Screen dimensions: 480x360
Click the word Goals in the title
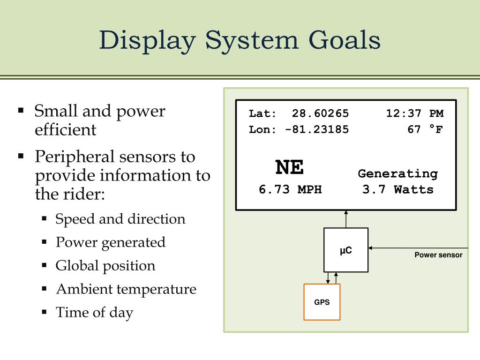click(344, 40)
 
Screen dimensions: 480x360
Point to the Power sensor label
click(438, 255)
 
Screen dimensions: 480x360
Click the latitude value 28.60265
click(320, 113)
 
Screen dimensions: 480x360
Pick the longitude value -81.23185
click(317, 129)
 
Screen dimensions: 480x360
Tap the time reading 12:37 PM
click(414, 113)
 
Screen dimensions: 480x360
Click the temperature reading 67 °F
click(425, 129)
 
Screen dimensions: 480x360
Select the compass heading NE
click(289, 167)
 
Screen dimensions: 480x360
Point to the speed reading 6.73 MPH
click(290, 189)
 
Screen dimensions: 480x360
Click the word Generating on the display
click(398, 174)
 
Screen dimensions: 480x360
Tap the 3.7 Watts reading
click(398, 189)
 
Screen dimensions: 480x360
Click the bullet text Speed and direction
click(120, 219)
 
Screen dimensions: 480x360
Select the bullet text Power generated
click(111, 243)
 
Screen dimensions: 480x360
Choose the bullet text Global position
click(105, 266)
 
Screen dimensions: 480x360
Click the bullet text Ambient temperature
click(126, 289)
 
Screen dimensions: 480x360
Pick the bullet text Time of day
click(94, 313)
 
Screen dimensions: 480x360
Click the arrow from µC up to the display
click(346, 219)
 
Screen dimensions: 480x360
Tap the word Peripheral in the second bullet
click(75, 157)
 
